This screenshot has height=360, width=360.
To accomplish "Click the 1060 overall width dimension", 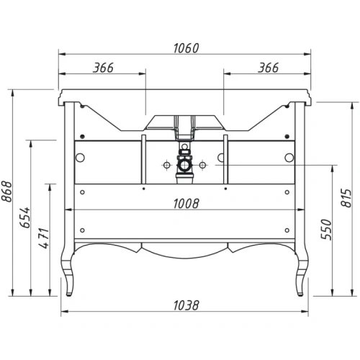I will pos(185,48).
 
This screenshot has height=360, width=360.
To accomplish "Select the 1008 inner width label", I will pos(185,203).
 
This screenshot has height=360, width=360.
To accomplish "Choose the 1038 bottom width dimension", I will pos(185,305).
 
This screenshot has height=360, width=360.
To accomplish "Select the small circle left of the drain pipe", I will pos(166,165).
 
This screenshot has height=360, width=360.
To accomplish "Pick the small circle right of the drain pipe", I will pos(204,165).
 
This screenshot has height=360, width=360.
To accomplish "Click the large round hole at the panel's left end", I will pos(81,158).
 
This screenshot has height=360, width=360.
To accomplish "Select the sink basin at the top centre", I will pos(185,122).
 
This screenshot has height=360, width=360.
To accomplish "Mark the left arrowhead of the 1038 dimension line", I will pos(63,312).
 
